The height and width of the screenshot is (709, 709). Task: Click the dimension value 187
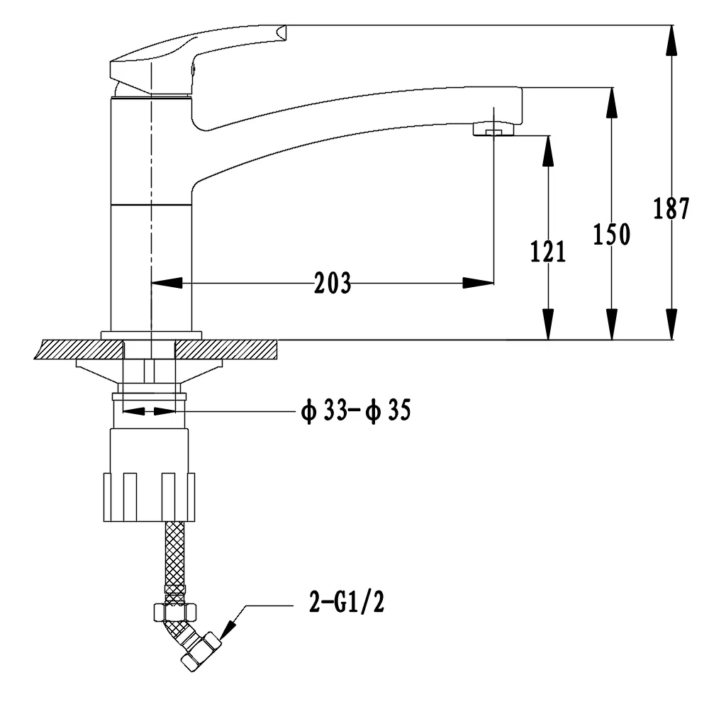tap(671, 208)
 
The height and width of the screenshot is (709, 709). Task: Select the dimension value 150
tap(611, 234)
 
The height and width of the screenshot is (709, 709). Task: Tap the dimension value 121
tap(548, 252)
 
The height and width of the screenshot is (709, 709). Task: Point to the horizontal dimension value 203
tap(333, 284)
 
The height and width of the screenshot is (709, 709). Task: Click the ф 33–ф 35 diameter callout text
tap(357, 411)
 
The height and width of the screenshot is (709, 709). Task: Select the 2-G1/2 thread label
tap(347, 602)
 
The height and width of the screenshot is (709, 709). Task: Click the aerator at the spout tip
tap(493, 129)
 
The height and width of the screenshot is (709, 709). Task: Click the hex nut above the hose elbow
tap(175, 613)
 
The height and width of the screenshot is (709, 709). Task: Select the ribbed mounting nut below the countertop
tap(149, 497)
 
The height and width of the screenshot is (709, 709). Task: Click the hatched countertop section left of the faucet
tap(79, 350)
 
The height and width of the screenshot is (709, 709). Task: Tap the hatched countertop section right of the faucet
tap(226, 350)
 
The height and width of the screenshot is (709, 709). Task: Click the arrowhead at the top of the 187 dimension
tap(671, 40)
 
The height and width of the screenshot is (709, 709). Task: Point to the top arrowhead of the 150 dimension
tap(611, 103)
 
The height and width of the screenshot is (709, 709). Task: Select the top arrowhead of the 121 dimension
tap(548, 151)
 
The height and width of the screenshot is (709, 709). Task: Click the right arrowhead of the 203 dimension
tap(478, 284)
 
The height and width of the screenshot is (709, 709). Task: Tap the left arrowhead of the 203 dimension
tap(167, 284)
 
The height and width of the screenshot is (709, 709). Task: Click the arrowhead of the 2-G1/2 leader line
tap(228, 630)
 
